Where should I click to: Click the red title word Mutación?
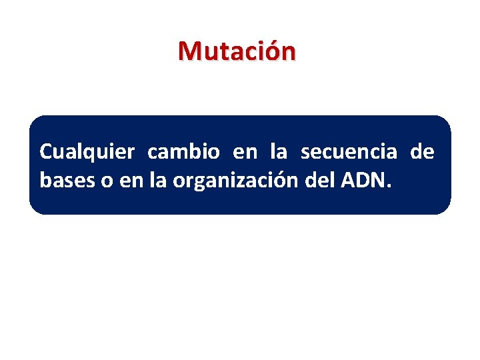[236, 51]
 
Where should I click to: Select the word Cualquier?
[87, 153]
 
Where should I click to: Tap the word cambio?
[183, 153]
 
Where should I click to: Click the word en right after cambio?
[245, 153]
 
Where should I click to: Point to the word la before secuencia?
[279, 153]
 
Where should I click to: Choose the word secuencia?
[349, 153]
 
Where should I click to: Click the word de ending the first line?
[422, 153]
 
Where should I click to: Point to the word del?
[317, 180]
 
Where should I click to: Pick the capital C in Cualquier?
[46, 153]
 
